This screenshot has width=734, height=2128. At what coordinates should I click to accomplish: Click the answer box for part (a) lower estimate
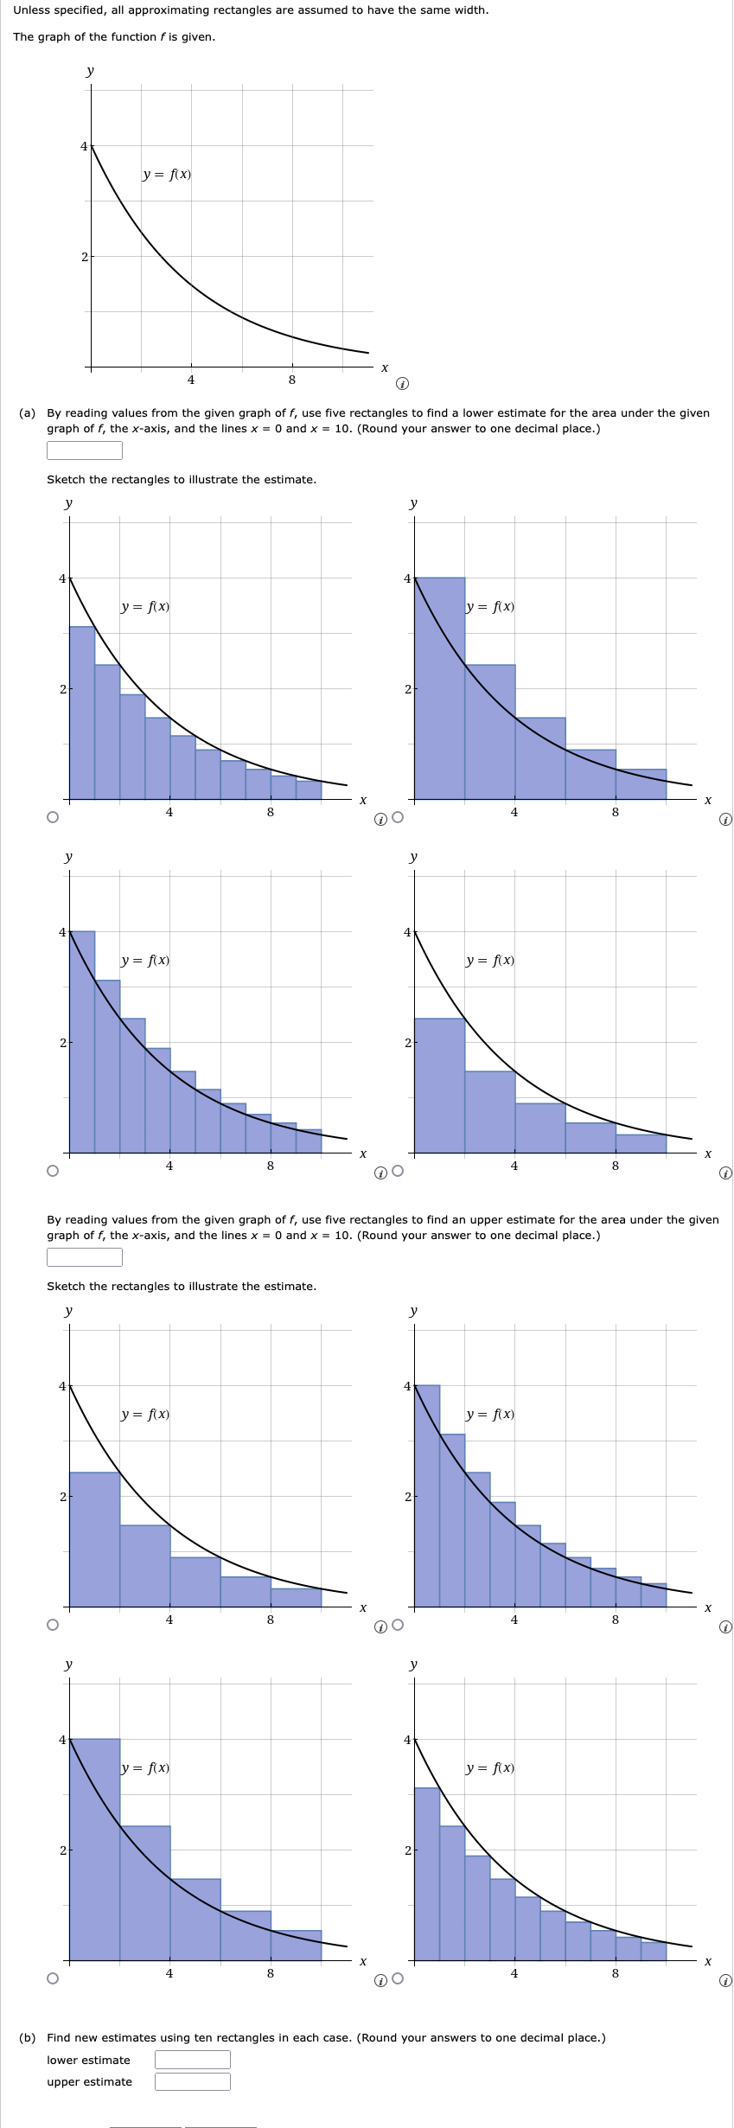tap(85, 451)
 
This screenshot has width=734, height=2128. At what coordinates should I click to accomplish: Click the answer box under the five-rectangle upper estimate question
tap(85, 1257)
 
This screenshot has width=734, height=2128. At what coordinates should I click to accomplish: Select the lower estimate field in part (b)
tap(193, 2060)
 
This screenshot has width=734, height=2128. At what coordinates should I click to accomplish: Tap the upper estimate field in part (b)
tap(193, 2081)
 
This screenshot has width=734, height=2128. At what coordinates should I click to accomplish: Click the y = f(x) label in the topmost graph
tap(167, 175)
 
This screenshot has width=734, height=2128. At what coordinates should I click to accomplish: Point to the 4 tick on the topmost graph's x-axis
tap(191, 380)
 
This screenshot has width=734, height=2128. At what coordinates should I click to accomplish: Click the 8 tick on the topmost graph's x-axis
tap(291, 380)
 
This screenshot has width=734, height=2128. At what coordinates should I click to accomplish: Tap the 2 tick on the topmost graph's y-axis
tap(85, 257)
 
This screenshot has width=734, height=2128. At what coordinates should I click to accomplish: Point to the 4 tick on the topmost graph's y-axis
tap(84, 146)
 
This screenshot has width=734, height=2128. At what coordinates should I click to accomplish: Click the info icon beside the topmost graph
tap(401, 383)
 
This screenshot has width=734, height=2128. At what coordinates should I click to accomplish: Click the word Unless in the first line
tap(31, 10)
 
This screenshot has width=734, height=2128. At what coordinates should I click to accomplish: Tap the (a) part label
tap(27, 413)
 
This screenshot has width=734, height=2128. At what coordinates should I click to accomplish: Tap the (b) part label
tap(27, 2038)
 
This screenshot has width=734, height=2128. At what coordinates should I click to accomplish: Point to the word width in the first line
tap(472, 10)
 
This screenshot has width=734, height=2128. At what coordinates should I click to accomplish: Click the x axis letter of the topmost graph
tap(385, 368)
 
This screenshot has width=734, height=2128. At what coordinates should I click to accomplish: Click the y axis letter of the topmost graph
tap(90, 71)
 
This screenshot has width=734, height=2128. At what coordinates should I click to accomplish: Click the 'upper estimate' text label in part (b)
tap(90, 2081)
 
